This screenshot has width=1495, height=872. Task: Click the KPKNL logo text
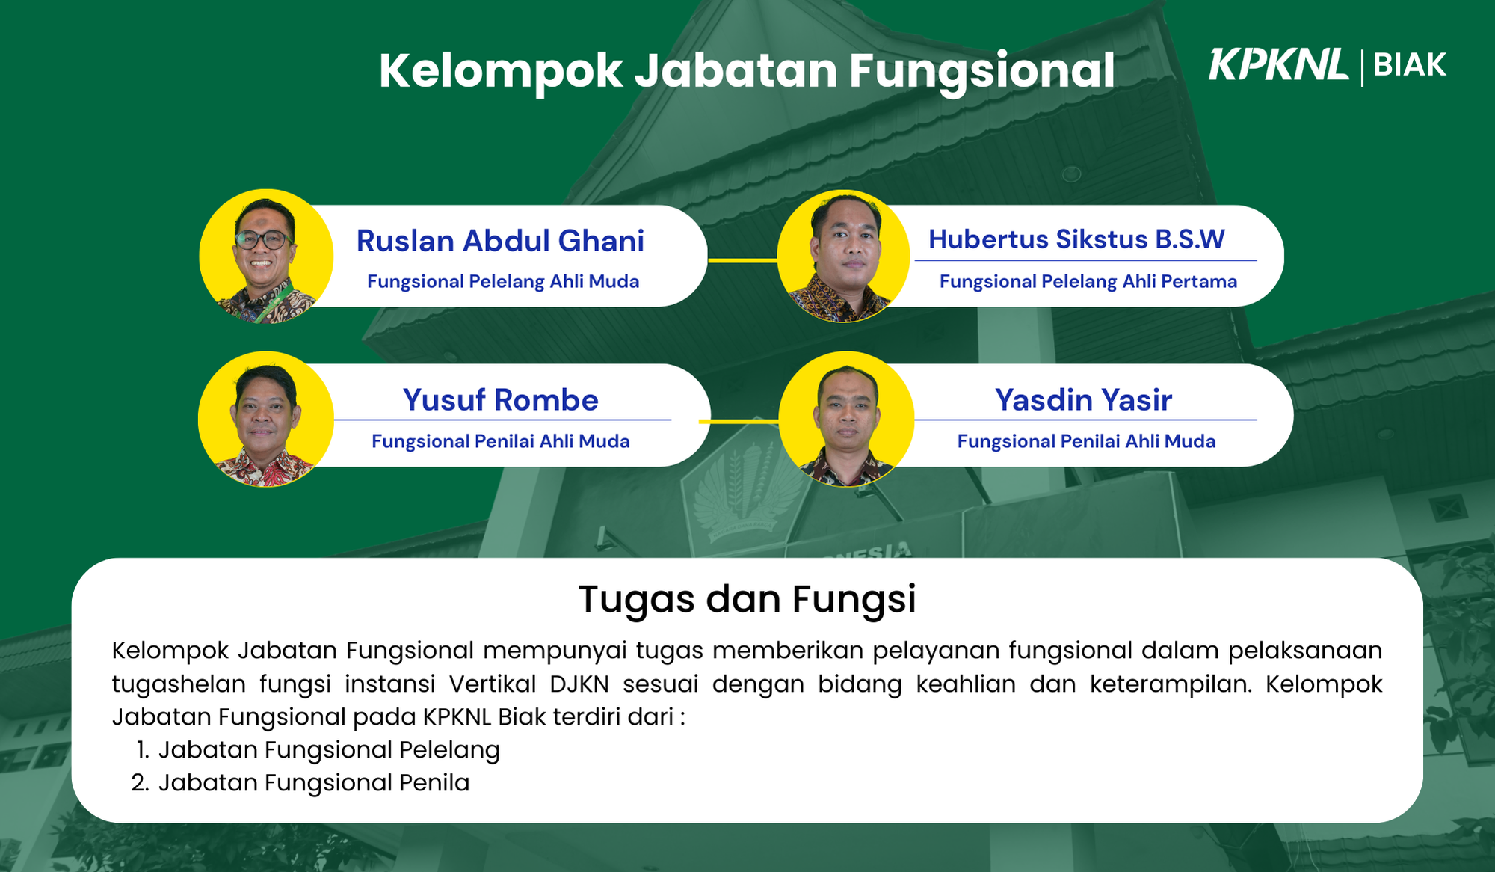click(1278, 64)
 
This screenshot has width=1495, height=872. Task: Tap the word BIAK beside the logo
click(1410, 65)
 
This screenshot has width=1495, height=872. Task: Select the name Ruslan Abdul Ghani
click(500, 241)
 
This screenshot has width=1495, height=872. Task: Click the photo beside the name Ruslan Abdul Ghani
click(266, 256)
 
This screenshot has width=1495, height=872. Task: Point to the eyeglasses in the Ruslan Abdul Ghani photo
click(262, 239)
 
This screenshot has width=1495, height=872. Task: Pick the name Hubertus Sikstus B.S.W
click(1076, 239)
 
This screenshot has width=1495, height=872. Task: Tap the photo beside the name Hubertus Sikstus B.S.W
click(843, 256)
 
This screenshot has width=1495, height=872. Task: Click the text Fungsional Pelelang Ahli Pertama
click(1088, 281)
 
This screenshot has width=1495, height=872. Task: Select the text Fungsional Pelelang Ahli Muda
click(503, 281)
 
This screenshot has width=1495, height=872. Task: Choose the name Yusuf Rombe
click(501, 399)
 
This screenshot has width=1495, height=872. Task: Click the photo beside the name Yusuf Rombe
click(266, 419)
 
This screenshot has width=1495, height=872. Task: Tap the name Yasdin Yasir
click(1083, 399)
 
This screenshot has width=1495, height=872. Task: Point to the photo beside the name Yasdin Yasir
click(846, 419)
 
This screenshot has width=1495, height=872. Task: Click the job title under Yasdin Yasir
click(1086, 441)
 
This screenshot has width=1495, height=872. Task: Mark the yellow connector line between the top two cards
click(743, 260)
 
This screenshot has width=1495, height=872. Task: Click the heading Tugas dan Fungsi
click(747, 599)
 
